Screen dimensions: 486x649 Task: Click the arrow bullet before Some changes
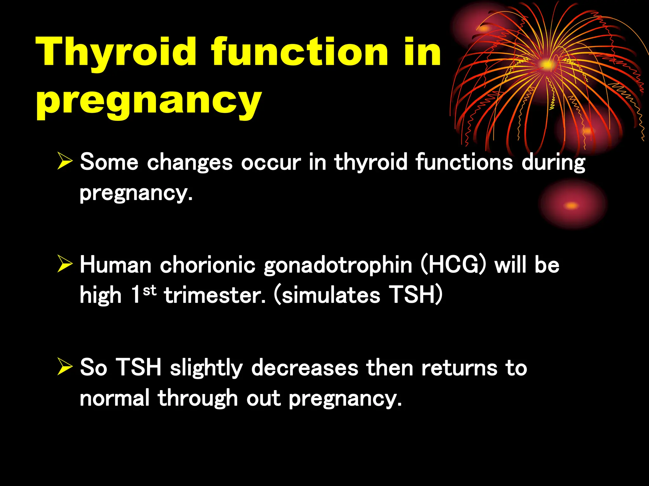[65, 162]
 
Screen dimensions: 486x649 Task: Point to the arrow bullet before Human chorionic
[65, 265]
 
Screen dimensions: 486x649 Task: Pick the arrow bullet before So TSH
[65, 368]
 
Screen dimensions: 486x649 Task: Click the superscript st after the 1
[150, 290]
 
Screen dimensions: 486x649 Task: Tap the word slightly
[206, 368]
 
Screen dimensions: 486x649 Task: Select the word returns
[459, 368]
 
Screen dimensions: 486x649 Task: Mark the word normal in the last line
[114, 398]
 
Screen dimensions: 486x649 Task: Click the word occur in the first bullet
[271, 162]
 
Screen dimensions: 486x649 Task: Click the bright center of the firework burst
[547, 65]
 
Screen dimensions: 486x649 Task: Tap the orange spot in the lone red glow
[571, 206]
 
